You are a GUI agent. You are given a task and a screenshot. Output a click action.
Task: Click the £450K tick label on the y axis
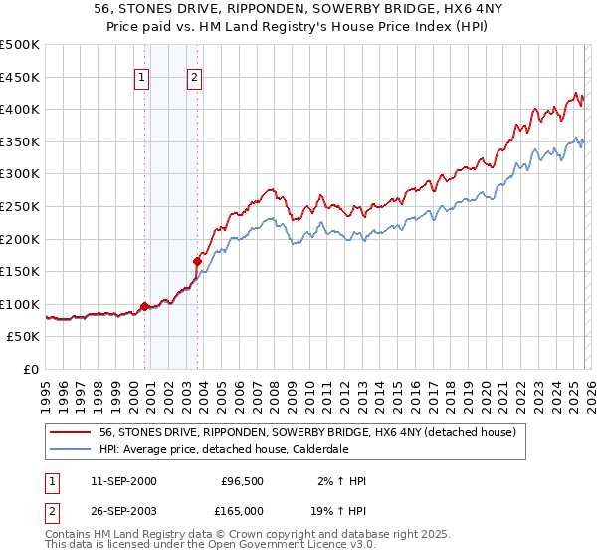20,77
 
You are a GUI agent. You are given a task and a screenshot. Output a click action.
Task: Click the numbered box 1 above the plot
143,77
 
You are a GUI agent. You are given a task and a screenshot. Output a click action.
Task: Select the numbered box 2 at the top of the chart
194,77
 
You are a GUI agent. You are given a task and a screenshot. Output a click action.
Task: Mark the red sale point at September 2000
145,306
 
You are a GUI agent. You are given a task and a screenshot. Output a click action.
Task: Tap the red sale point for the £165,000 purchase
198,261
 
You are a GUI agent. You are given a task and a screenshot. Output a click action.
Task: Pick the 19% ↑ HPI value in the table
339,510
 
